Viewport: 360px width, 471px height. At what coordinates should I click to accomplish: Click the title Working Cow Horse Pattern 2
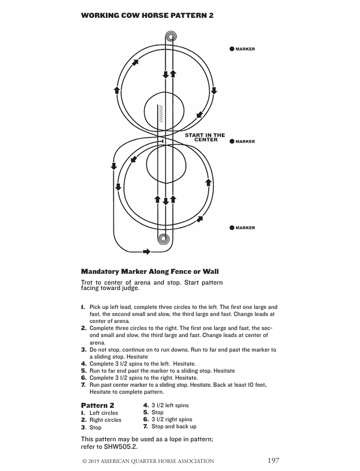tap(147, 15)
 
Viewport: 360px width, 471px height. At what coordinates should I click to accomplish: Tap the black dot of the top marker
tap(232, 49)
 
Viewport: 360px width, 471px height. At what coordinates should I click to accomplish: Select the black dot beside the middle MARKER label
tap(232, 142)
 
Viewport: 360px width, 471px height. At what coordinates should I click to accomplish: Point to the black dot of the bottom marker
tap(232, 228)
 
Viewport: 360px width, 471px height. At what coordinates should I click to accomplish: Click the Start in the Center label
tap(205, 137)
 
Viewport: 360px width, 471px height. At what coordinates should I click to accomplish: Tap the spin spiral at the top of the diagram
tap(171, 37)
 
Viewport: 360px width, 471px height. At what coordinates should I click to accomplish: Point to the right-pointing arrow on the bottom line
tap(146, 251)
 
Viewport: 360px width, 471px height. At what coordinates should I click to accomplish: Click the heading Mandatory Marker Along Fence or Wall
tap(150, 271)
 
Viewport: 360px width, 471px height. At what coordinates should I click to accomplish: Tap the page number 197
tap(273, 461)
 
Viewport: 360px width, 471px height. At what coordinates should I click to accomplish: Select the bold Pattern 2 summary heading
tap(97, 405)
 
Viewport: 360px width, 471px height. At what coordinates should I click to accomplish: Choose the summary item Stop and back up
tap(173, 427)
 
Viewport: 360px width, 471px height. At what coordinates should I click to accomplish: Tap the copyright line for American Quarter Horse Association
tap(147, 461)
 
